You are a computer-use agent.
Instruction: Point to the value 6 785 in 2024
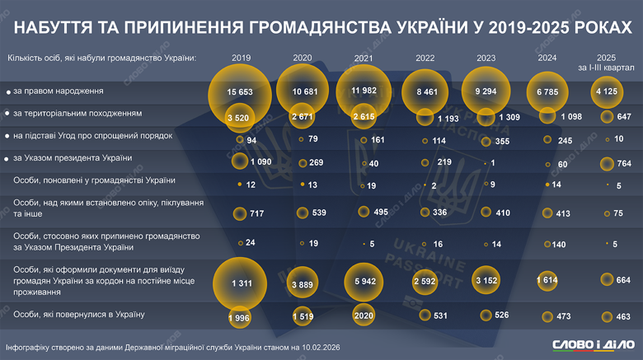point(550,91)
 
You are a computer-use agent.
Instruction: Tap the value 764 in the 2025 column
point(617,162)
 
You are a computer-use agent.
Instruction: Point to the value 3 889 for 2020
point(305,283)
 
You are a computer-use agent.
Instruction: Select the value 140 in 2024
point(560,244)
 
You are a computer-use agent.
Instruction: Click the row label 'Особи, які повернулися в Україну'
point(78,315)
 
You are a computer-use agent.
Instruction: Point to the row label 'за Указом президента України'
point(73,157)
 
